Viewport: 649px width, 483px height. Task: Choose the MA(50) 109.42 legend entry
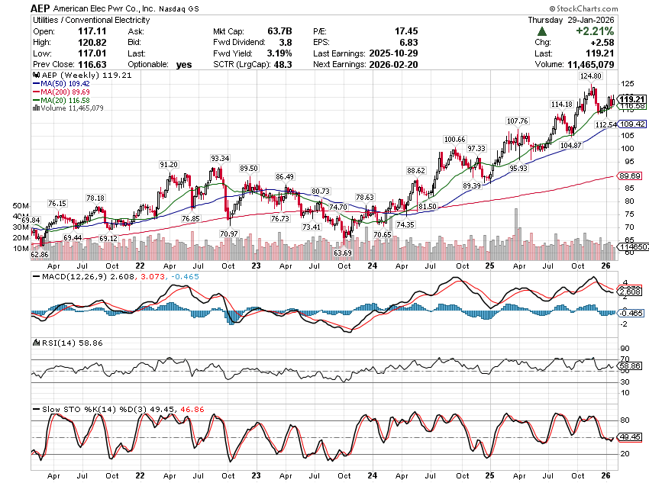[66, 85]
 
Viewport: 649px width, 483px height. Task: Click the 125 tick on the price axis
[625, 83]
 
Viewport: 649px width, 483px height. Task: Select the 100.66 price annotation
[455, 140]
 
